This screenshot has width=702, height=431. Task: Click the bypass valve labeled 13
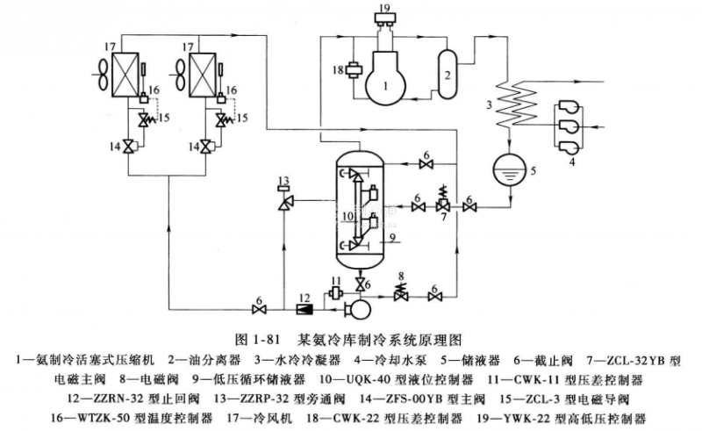click(284, 203)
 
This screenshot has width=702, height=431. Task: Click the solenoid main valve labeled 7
click(445, 208)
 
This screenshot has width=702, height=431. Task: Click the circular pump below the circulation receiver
click(358, 308)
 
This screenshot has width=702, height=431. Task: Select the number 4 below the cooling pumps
click(574, 162)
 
